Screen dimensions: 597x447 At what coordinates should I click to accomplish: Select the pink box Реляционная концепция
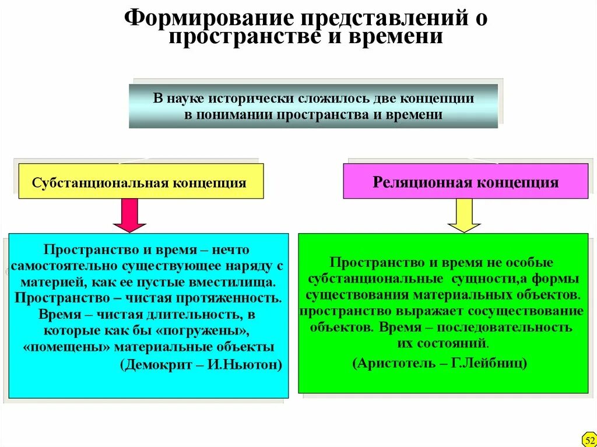465,182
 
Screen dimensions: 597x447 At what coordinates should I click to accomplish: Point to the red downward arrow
129,215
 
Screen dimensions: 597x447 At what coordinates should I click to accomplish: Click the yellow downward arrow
463,215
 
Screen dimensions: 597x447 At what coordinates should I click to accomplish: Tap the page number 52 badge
588,438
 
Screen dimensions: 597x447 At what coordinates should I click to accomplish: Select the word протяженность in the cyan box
240,298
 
